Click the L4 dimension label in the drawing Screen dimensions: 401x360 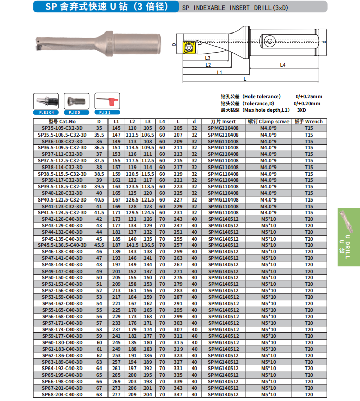click(283, 65)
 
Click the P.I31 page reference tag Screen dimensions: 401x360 click(105, 112)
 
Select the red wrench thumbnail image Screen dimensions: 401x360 click(105, 101)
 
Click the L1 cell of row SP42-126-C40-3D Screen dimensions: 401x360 click(116, 219)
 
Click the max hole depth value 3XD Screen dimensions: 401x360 click(302, 110)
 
